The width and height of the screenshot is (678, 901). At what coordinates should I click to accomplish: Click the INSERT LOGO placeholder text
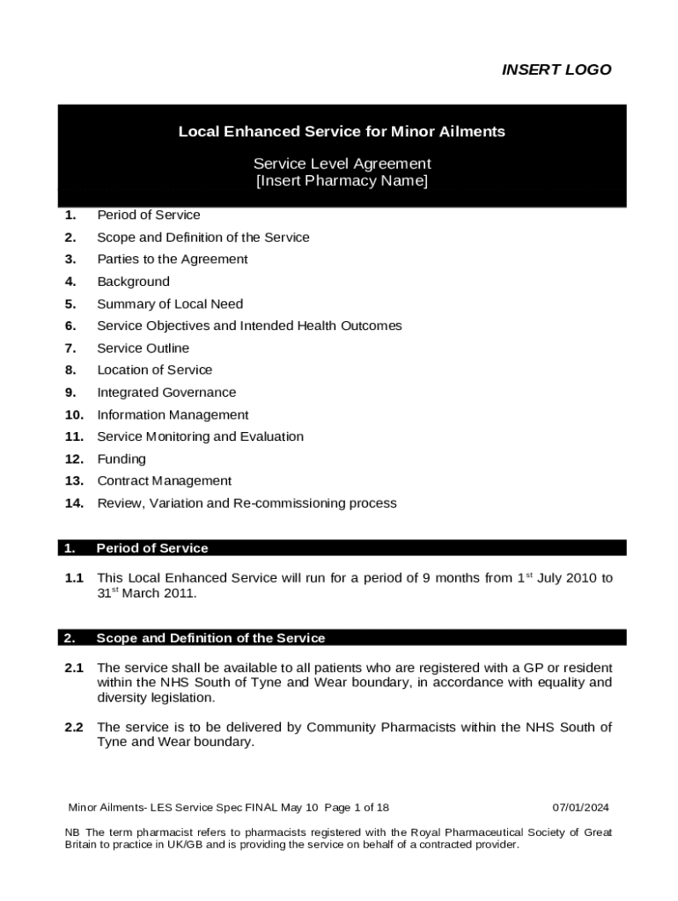click(x=556, y=70)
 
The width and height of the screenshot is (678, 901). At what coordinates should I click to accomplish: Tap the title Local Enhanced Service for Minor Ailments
click(x=342, y=132)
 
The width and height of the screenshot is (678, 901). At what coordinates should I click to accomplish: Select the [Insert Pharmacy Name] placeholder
click(x=342, y=182)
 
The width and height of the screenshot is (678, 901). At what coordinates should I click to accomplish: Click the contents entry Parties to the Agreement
click(x=173, y=260)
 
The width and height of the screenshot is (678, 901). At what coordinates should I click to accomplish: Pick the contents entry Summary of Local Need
click(x=170, y=304)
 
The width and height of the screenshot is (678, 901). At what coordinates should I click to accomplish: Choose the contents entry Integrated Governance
click(x=166, y=392)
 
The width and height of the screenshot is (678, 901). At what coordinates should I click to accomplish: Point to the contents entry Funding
click(x=122, y=459)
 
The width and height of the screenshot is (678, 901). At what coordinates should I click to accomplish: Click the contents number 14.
click(x=74, y=503)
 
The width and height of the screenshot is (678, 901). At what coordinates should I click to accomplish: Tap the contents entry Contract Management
click(x=165, y=481)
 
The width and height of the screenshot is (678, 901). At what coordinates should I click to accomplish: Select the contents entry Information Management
click(x=173, y=415)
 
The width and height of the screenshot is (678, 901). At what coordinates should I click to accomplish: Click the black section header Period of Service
click(x=152, y=548)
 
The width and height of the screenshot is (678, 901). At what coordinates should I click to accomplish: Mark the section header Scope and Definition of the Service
click(x=210, y=638)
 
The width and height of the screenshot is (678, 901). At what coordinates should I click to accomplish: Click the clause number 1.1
click(x=74, y=579)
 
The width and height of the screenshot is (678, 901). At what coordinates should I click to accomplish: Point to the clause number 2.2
click(x=74, y=728)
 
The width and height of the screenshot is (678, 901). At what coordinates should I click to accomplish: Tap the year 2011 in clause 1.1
click(x=180, y=594)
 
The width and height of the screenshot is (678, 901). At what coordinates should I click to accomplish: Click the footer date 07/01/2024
click(x=580, y=808)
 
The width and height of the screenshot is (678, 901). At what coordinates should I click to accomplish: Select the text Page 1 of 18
click(x=357, y=808)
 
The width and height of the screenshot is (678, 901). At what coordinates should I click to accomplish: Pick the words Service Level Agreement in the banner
click(x=342, y=164)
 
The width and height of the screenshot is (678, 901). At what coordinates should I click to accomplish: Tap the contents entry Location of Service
click(x=154, y=370)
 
